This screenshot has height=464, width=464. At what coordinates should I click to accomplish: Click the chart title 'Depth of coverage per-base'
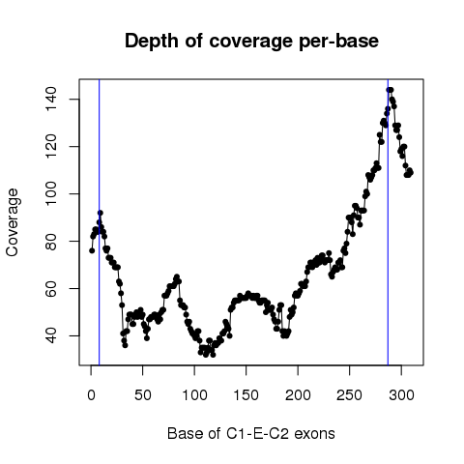[251, 42]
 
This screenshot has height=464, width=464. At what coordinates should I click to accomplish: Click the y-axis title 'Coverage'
[13, 222]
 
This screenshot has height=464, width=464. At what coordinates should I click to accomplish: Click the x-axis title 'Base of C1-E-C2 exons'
[251, 434]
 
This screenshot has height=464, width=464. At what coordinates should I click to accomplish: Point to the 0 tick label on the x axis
[91, 395]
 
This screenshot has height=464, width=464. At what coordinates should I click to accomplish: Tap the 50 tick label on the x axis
[143, 395]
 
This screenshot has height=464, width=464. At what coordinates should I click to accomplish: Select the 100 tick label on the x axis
[194, 395]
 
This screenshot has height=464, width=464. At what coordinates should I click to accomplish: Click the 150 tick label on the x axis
[246, 395]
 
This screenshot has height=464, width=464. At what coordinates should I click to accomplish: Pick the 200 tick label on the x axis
[298, 395]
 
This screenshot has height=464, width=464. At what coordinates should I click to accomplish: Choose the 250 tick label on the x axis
[350, 395]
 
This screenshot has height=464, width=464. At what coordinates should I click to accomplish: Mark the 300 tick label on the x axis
[401, 395]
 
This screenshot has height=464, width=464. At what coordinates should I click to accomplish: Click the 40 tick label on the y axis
[51, 335]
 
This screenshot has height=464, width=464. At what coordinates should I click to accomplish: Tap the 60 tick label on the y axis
[51, 288]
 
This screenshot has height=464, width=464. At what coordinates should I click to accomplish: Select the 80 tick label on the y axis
[51, 241]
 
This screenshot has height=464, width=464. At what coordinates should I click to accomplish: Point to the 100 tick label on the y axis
[51, 193]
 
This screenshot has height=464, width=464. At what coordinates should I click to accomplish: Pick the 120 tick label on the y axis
[51, 146]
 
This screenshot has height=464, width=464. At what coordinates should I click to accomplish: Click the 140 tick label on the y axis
[51, 100]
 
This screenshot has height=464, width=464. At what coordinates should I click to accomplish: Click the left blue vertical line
[100, 222]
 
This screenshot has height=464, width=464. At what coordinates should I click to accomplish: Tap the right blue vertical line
[388, 222]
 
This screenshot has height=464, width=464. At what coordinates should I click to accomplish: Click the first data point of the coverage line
[92, 250]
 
